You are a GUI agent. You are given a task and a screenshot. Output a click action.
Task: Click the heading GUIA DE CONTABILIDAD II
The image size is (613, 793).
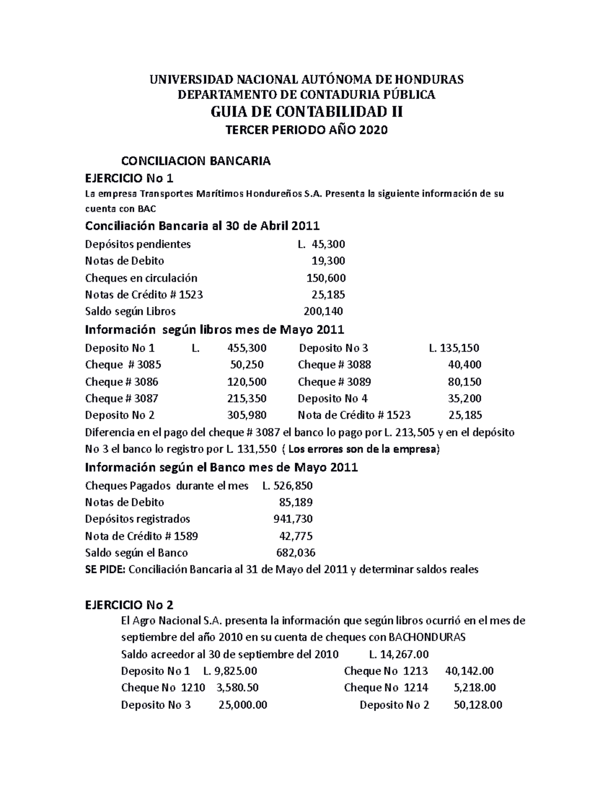[306, 111]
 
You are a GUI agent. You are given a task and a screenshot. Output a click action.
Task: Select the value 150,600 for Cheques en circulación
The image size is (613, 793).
[326, 278]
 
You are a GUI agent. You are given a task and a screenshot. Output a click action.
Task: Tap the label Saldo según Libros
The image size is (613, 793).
[130, 311]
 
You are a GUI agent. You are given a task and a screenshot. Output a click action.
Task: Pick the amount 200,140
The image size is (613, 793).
[323, 311]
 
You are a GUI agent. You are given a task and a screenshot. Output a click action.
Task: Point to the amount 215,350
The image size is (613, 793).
[247, 399]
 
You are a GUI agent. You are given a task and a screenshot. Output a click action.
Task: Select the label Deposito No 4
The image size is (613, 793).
[333, 399]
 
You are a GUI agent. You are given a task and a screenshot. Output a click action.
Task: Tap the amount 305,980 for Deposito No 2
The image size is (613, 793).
[247, 416]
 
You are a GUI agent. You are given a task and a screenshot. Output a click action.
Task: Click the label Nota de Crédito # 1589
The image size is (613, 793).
[142, 536]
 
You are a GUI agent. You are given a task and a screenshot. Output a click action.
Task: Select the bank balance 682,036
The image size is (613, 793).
[295, 553]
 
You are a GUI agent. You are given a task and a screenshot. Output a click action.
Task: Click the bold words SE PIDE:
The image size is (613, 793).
[105, 570]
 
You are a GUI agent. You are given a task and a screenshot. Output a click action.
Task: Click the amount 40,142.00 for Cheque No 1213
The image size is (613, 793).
[469, 671]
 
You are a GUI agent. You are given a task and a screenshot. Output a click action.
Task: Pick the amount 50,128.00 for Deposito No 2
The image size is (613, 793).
[478, 706]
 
